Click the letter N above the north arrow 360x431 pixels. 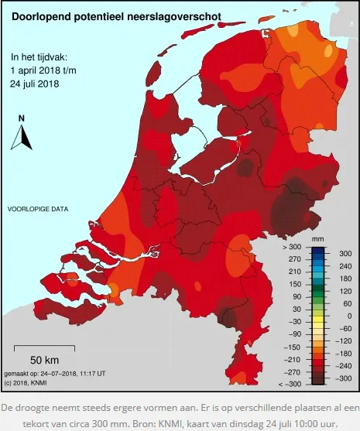click(22, 118)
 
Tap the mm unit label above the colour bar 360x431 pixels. click(317, 239)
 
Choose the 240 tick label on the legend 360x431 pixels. click(345, 265)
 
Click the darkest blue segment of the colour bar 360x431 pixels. click(317, 248)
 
